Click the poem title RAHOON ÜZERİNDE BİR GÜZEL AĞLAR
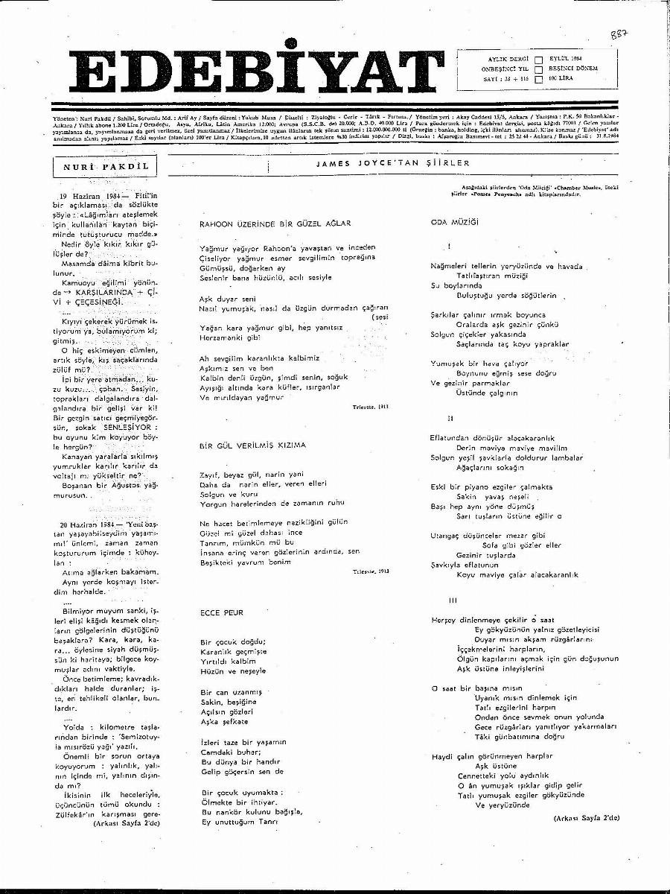tap(275, 223)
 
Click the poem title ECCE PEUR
tap(222, 612)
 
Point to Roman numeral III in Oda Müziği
tap(452, 600)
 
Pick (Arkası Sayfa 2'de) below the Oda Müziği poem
tap(586, 817)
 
